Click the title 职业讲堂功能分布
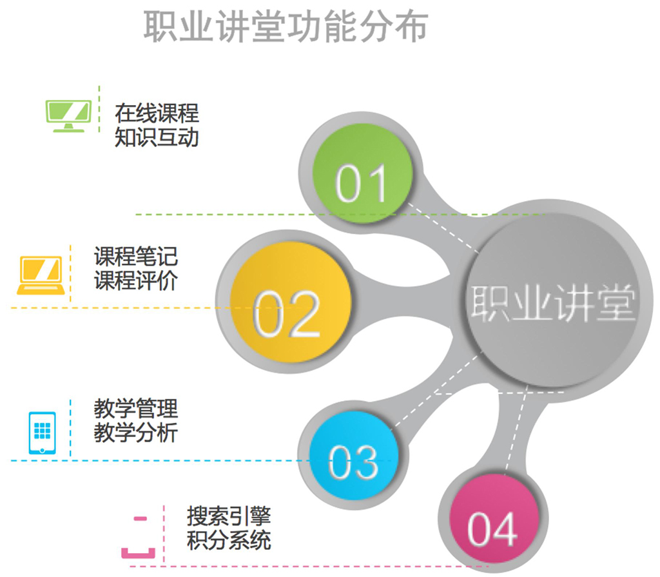[x=285, y=27]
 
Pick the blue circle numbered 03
[x=354, y=458]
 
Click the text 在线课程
[x=157, y=113]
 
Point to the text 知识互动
[x=157, y=137]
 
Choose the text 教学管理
[x=135, y=409]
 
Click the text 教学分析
[x=135, y=433]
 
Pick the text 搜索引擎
[x=229, y=516]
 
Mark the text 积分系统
[x=229, y=540]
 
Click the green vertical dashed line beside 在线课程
[x=99, y=110]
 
